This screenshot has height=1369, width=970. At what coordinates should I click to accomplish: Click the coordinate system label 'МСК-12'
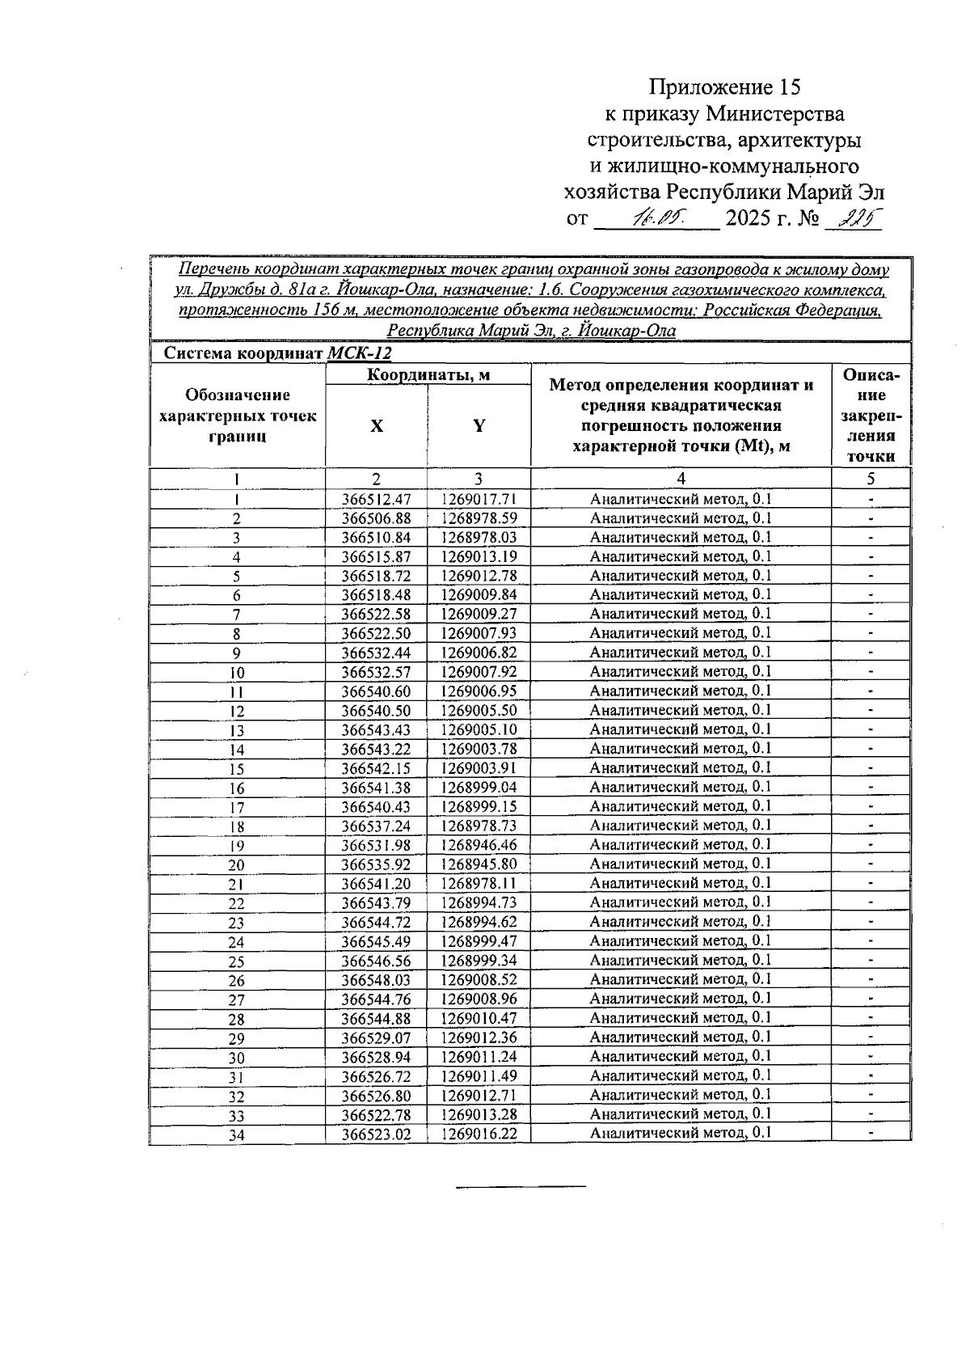(359, 353)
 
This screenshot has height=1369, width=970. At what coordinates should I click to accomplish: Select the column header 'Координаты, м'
(428, 375)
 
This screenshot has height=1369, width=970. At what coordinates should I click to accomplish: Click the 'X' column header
(377, 426)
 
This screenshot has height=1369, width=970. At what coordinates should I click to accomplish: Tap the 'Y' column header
(479, 426)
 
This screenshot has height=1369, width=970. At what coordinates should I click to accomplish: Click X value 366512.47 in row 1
(377, 499)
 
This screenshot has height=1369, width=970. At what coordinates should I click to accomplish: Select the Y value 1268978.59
(479, 518)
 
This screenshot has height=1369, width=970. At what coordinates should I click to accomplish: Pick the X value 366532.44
(377, 653)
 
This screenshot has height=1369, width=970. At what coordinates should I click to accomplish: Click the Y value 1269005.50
(479, 710)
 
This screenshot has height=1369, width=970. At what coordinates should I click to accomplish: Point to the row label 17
(237, 807)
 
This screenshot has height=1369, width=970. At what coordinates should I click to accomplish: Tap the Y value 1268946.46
(479, 845)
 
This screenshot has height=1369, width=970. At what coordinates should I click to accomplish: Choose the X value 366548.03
(377, 979)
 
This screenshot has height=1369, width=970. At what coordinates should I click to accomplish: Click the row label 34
(237, 1134)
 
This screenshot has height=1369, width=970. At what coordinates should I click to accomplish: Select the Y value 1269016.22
(479, 1134)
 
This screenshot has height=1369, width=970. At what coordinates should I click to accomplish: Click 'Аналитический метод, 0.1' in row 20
(681, 864)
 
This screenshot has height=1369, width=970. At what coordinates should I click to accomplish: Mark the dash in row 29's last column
(871, 1037)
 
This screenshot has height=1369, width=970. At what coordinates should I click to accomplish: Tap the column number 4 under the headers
(681, 478)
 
